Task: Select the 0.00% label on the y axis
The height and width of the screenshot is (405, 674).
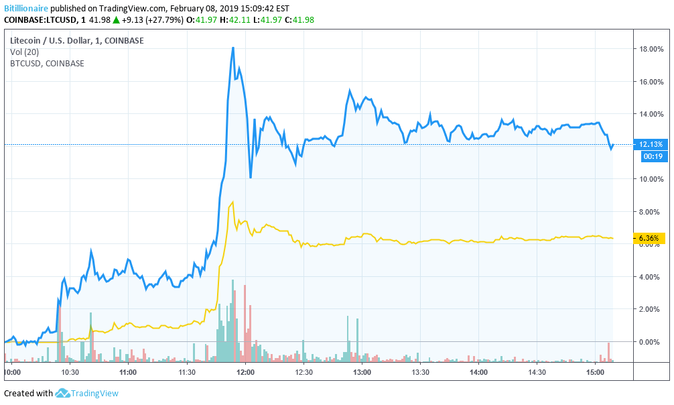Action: pyautogui.click(x=651, y=341)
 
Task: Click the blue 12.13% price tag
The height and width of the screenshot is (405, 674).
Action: pyautogui.click(x=651, y=144)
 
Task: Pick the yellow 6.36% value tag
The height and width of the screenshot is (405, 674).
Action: pyautogui.click(x=649, y=238)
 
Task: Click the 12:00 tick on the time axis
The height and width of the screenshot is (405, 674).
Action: pyautogui.click(x=245, y=371)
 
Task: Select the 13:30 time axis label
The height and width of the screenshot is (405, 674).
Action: pyautogui.click(x=420, y=371)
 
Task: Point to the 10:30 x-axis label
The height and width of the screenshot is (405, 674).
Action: pyautogui.click(x=70, y=371)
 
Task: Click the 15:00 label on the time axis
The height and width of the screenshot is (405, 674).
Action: pyautogui.click(x=595, y=371)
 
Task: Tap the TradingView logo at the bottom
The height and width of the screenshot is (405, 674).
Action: pyautogui.click(x=86, y=394)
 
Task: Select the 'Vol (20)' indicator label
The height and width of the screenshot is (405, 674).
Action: pyautogui.click(x=25, y=52)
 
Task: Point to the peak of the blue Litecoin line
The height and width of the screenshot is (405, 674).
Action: pyautogui.click(x=232, y=48)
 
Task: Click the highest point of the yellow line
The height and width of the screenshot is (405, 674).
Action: pyautogui.click(x=232, y=201)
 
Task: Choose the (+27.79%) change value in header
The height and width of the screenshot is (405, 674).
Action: pyautogui.click(x=160, y=19)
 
